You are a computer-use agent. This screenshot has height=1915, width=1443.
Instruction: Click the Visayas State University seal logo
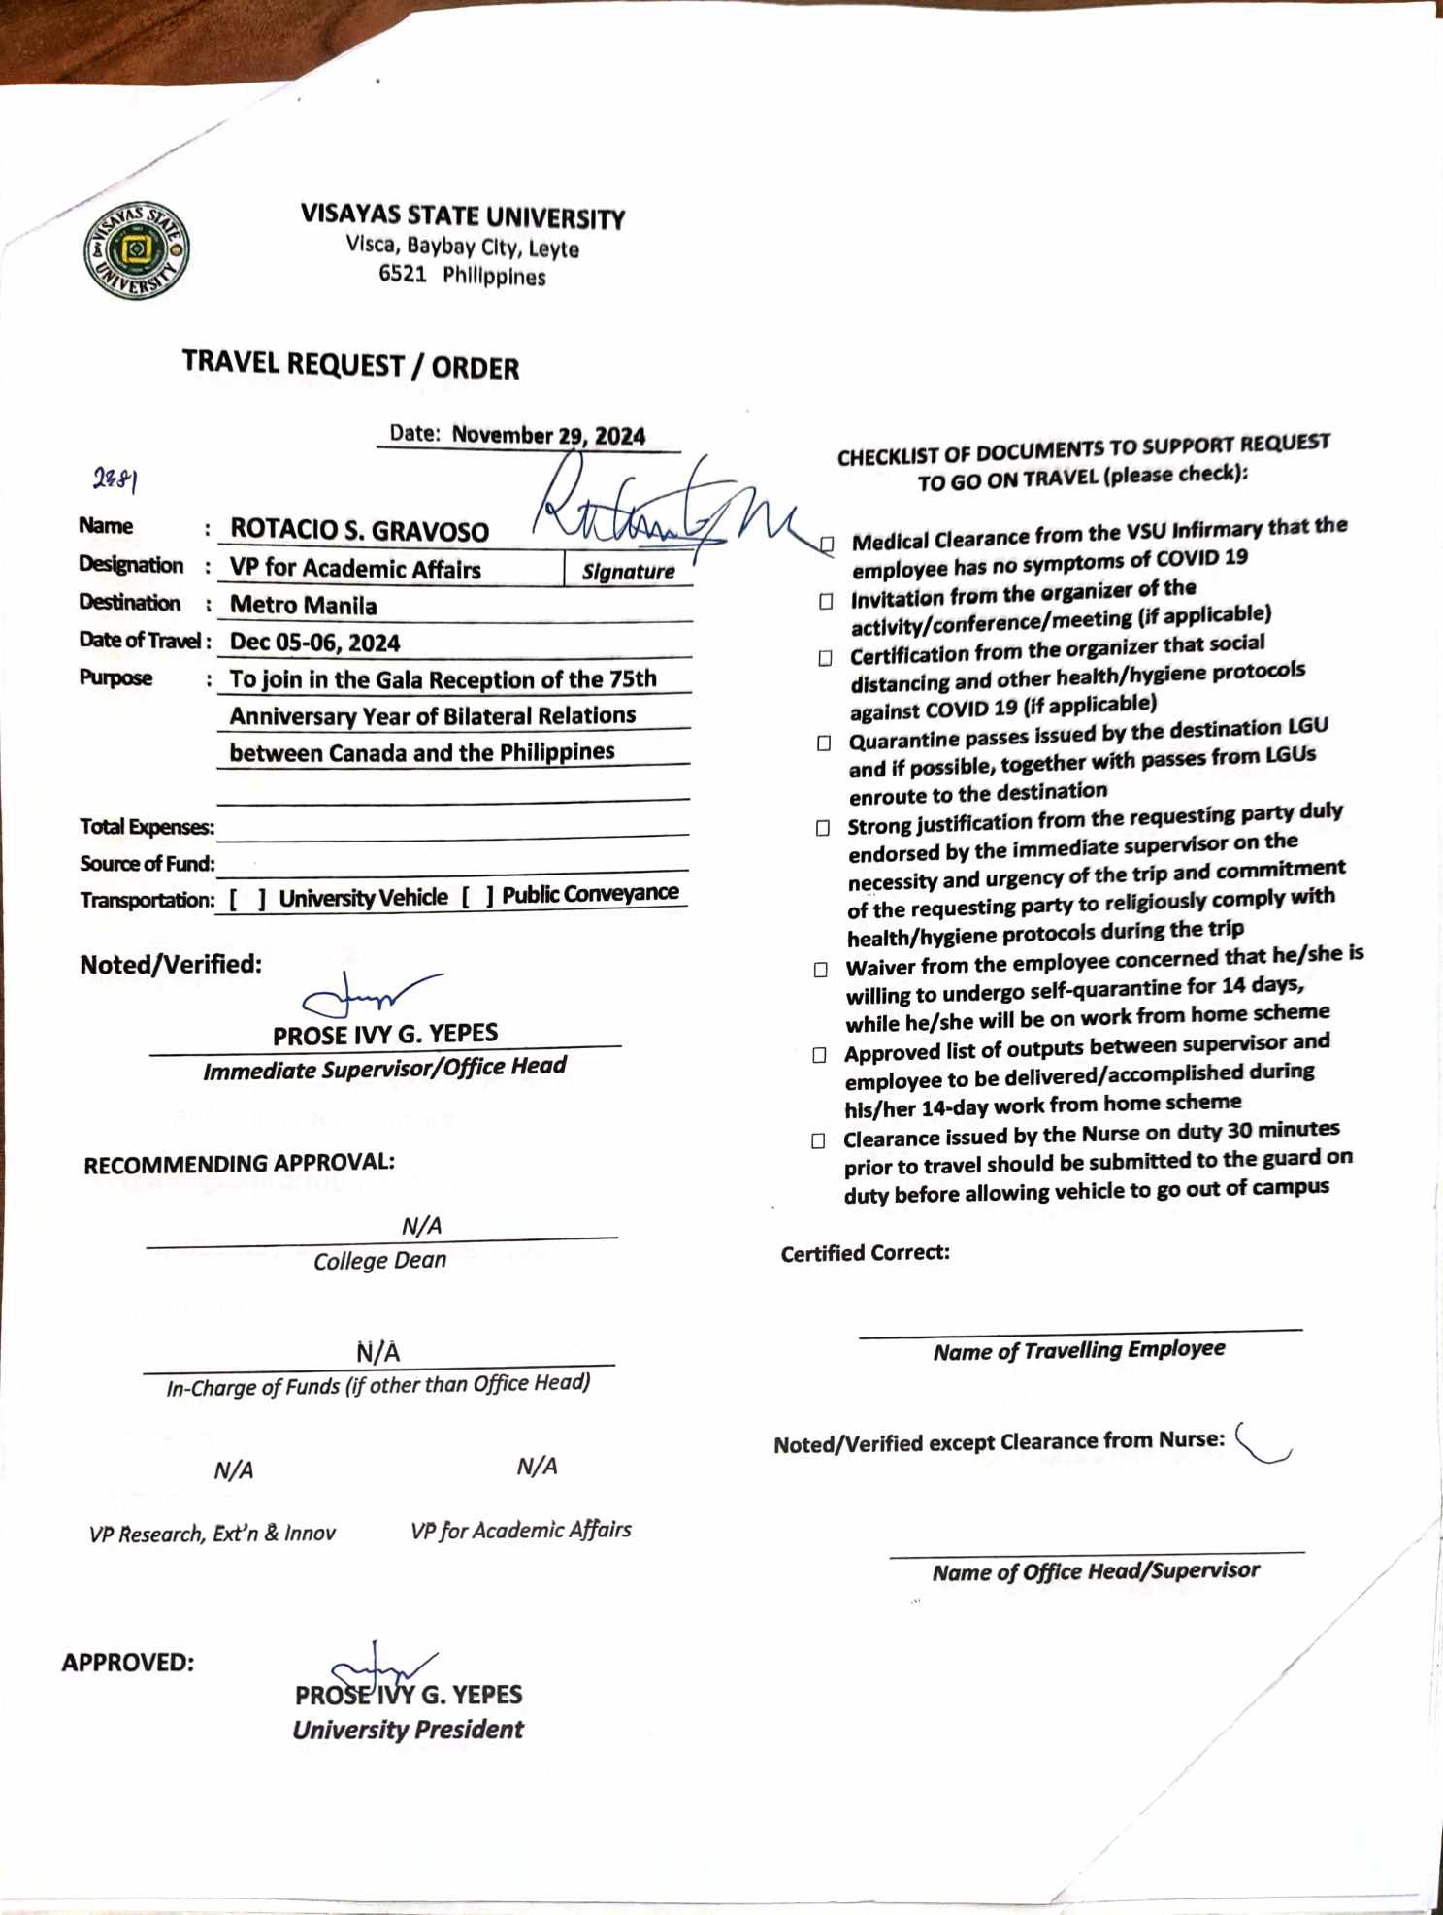136,250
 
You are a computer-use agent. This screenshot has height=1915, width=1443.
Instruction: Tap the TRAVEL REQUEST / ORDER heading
350,365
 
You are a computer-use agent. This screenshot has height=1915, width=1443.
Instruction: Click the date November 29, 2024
548,435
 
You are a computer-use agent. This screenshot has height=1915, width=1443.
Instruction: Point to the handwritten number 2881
115,479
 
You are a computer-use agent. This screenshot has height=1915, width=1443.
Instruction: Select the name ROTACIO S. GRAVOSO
359,530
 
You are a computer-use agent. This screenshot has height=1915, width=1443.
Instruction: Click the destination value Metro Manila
303,606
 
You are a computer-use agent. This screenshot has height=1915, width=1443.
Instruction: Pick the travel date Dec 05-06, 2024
314,643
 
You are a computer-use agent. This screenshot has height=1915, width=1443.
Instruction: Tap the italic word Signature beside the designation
628,572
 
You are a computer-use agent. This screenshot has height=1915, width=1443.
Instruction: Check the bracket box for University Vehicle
247,900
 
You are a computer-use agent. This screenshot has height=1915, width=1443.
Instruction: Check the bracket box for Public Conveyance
477,897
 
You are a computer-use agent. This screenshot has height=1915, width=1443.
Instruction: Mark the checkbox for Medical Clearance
827,544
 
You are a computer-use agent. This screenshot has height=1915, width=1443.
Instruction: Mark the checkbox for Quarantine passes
824,743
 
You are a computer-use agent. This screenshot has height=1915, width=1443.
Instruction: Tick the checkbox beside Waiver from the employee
821,970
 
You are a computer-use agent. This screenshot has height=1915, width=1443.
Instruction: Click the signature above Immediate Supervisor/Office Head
369,994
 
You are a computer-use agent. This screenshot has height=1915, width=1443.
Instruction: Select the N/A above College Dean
421,1226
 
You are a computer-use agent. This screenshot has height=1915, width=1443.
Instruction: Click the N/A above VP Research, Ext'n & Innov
234,1470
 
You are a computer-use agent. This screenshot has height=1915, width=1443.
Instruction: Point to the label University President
408,1730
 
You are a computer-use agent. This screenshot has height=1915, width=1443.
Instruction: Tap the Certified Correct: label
865,1253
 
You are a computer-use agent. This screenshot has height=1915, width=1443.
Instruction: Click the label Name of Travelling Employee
1078,1350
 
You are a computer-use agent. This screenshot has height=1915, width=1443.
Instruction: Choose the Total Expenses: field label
147,827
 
